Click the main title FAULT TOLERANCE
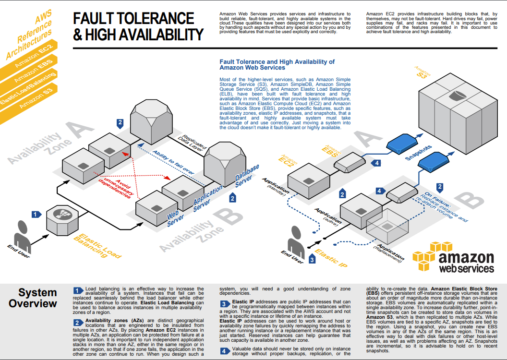tap(133, 19)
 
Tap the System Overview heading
tap(33, 298)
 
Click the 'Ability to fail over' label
tap(173, 163)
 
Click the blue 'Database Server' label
tap(247, 176)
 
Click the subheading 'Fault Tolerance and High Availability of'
tap(277, 62)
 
